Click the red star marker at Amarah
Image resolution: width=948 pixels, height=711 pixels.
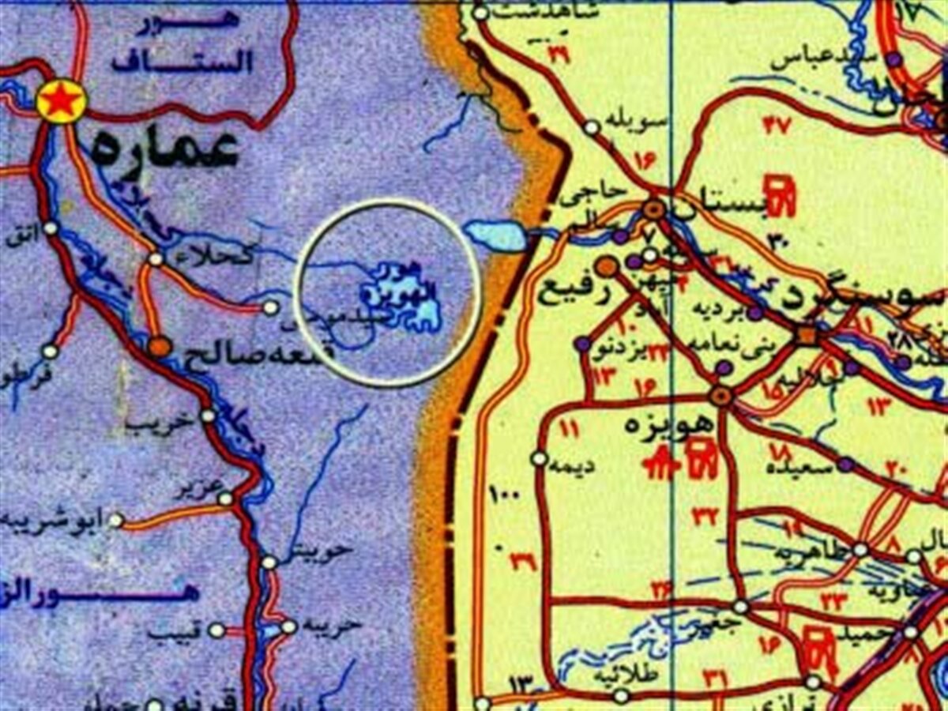(62, 102)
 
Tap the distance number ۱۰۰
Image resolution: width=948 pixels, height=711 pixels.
(503, 496)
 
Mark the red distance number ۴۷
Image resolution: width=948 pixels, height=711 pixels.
(777, 124)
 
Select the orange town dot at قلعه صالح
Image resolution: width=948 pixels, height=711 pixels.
(160, 346)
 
